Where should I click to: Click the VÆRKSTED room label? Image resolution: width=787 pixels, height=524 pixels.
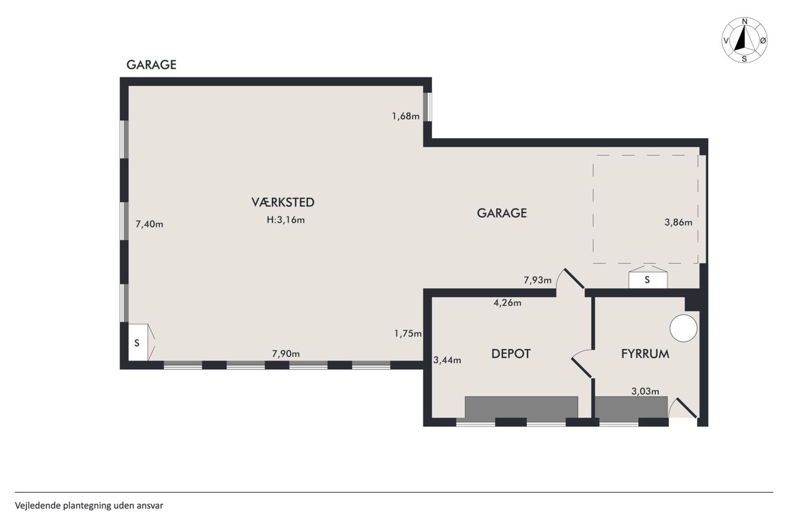click(x=283, y=202)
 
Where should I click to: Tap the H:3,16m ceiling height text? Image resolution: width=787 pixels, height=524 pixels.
click(x=286, y=220)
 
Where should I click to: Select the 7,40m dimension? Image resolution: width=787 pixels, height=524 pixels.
click(x=149, y=224)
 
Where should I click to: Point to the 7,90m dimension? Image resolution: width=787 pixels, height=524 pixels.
click(x=286, y=354)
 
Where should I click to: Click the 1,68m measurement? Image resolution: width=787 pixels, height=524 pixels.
click(x=406, y=116)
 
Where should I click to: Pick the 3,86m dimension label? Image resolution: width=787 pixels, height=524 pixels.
click(x=678, y=222)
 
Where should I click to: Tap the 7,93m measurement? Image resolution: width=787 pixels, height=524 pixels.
click(x=537, y=280)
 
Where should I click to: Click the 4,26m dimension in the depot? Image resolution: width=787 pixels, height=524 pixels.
click(x=507, y=302)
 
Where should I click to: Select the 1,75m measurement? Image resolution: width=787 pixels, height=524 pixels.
click(x=408, y=334)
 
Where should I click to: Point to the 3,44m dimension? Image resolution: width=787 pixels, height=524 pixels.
click(x=447, y=360)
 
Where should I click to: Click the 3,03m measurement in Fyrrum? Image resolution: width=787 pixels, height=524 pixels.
click(x=646, y=391)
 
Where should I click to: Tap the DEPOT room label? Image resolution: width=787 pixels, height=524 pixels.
click(x=511, y=354)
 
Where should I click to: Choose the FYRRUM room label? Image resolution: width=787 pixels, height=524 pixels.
click(x=645, y=354)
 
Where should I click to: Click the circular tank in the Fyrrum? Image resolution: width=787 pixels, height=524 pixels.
click(x=683, y=328)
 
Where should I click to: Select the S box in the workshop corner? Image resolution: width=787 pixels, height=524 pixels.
click(x=138, y=342)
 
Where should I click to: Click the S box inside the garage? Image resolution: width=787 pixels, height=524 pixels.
click(x=648, y=280)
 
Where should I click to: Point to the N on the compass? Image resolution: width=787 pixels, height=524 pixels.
click(x=745, y=22)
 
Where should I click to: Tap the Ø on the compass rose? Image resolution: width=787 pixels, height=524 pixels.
click(x=763, y=41)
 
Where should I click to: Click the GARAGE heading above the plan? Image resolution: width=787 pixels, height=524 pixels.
click(x=151, y=65)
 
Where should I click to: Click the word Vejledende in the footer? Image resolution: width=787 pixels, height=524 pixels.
click(x=38, y=506)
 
